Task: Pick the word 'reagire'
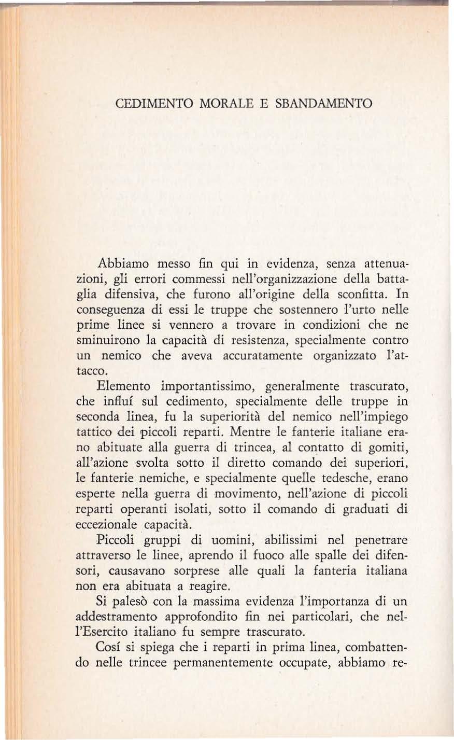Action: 208,587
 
